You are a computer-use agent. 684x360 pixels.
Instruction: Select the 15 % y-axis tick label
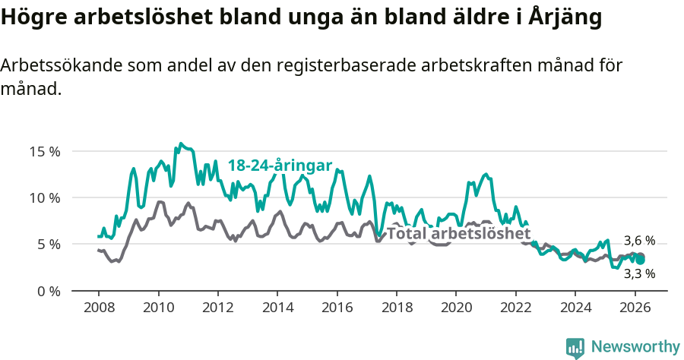point(45,151)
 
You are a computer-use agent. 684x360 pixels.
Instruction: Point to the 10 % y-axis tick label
point(45,197)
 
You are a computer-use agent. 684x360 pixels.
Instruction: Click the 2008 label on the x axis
point(99,308)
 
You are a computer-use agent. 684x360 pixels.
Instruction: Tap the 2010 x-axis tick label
point(158,308)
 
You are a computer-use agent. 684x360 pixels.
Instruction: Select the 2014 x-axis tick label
point(277,308)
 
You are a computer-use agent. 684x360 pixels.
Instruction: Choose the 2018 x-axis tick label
point(396,308)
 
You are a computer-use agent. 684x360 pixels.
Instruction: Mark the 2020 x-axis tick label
point(456,308)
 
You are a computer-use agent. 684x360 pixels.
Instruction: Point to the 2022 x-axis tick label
point(515,308)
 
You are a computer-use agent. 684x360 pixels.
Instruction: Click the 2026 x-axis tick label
point(634,308)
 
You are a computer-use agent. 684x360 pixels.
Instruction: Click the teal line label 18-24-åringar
point(280,166)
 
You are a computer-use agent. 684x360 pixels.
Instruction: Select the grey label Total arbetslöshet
point(458,234)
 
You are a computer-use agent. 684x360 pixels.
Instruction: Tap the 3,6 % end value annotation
point(639,241)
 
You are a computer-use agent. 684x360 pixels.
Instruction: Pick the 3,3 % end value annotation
point(639,273)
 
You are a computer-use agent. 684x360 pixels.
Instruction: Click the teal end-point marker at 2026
point(641,260)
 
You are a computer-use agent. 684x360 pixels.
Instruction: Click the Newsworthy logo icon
point(575,347)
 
